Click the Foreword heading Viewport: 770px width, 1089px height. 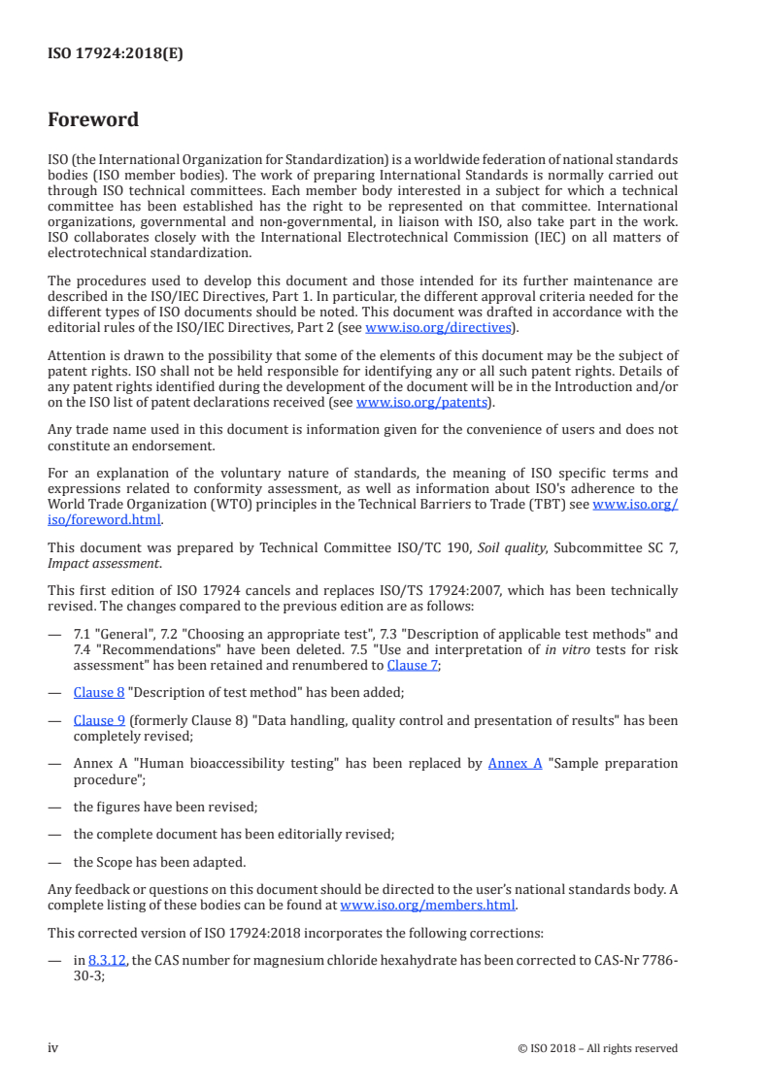tap(93, 120)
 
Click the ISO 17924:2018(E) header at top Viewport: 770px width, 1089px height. tap(116, 54)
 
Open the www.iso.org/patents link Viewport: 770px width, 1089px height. tap(423, 402)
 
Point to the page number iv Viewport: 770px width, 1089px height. tap(53, 1048)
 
